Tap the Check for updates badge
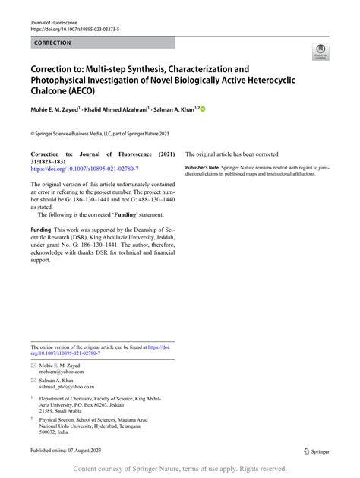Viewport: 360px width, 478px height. [321, 52]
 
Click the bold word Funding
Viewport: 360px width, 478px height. [40, 229]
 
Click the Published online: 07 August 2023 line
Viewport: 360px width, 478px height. [73, 450]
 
